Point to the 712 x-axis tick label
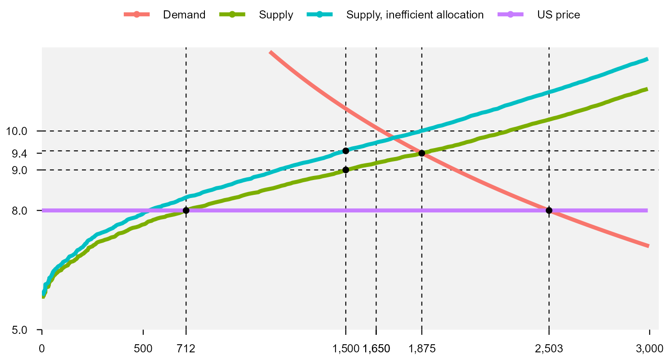point(186,348)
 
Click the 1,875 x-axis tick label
point(422,348)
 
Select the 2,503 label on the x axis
point(549,348)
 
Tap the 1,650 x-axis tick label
point(377,348)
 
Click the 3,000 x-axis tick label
point(649,348)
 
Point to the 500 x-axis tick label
point(143,348)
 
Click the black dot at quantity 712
point(186,211)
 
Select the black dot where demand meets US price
point(549,211)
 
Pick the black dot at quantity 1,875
point(422,153)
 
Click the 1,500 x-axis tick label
point(345,348)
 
